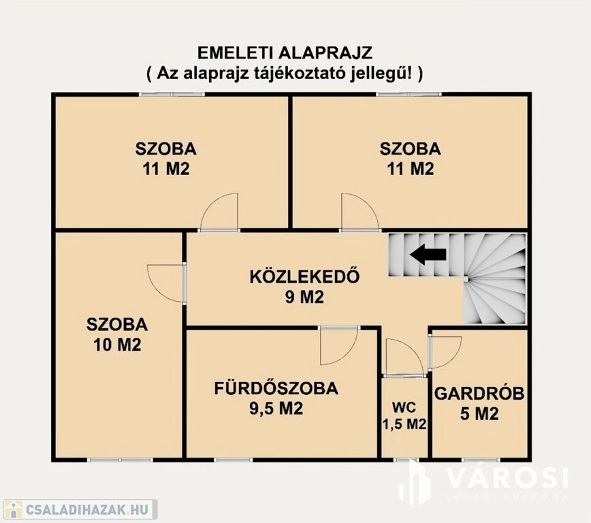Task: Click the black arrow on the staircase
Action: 428,255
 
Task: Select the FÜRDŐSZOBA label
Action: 276,389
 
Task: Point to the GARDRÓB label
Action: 479,393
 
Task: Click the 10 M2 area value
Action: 117,345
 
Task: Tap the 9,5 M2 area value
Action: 276,409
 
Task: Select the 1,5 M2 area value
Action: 404,424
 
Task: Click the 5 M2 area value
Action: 479,413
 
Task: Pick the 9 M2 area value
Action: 304,298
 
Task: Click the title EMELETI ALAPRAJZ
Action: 285,53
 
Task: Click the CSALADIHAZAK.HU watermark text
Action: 86,509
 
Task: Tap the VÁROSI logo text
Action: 507,477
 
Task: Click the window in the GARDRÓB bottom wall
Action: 481,460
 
